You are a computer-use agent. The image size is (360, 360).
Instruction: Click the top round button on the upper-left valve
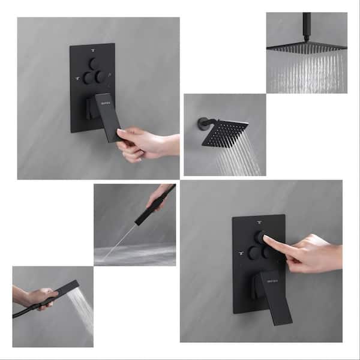click(x=92, y=62)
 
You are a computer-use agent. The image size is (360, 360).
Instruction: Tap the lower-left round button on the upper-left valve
click(x=87, y=77)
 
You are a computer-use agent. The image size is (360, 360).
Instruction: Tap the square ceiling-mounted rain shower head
click(x=305, y=48)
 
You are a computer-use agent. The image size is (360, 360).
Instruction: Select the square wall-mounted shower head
click(x=225, y=132)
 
